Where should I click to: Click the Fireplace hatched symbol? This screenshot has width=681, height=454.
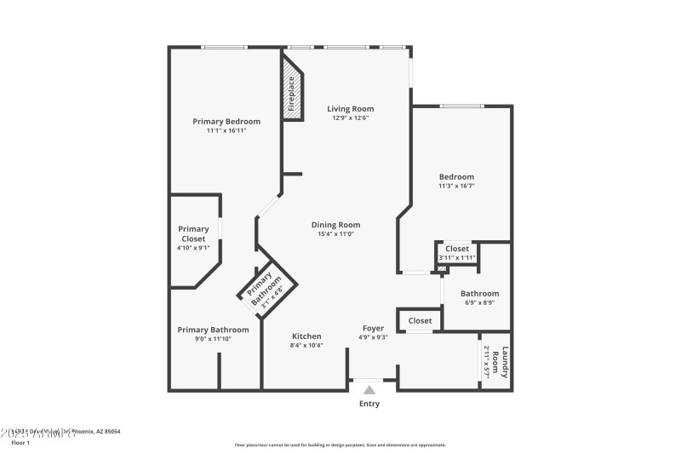click(292, 92)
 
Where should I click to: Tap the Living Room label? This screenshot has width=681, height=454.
click(351, 109)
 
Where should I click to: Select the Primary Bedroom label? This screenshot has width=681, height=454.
click(226, 122)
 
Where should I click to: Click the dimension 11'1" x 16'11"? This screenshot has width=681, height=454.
click(226, 131)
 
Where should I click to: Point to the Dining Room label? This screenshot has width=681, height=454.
click(339, 225)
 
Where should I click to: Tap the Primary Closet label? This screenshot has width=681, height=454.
click(193, 233)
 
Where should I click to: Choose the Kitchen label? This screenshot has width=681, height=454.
click(306, 336)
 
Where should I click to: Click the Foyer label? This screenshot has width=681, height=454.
click(373, 328)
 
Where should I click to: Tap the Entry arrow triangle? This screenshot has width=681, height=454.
click(369, 390)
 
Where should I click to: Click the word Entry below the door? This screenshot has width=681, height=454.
click(369, 404)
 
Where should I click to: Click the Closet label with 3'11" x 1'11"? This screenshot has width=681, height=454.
click(457, 249)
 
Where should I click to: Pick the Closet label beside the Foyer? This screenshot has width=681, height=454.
click(420, 321)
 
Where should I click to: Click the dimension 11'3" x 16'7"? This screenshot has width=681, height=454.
click(456, 186)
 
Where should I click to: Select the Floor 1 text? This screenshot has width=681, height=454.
click(20, 444)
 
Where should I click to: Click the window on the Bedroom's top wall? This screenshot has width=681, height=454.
click(461, 106)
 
